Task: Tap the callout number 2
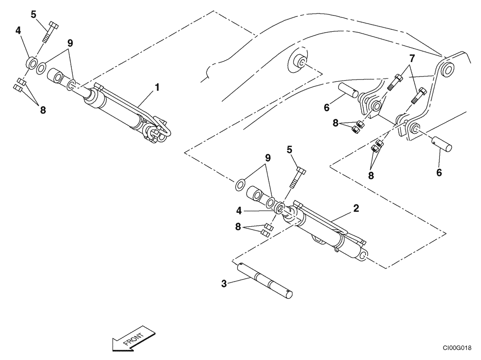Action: coord(355,208)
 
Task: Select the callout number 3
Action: coord(224,283)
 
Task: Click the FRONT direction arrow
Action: coord(133,337)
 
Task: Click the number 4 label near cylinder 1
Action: coord(18,31)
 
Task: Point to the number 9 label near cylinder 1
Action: coord(70,43)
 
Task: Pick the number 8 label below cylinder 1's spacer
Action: coord(43,110)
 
